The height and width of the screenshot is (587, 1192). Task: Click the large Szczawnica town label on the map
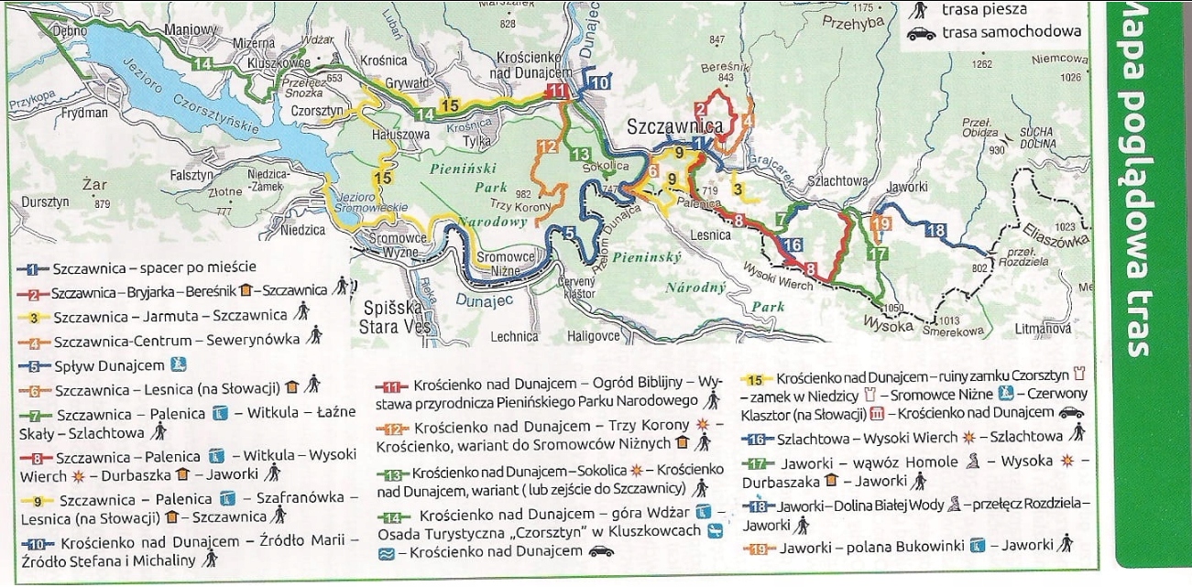pos(675,126)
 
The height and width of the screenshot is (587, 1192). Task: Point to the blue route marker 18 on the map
pos(935,231)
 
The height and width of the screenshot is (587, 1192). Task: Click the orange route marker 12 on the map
pos(548,147)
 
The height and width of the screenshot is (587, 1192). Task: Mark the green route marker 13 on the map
pos(579,155)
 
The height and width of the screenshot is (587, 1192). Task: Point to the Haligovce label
pos(595,336)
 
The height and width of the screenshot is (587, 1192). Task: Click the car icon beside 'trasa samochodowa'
pos(921,33)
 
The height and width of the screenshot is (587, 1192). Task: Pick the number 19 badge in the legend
pos(757,548)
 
